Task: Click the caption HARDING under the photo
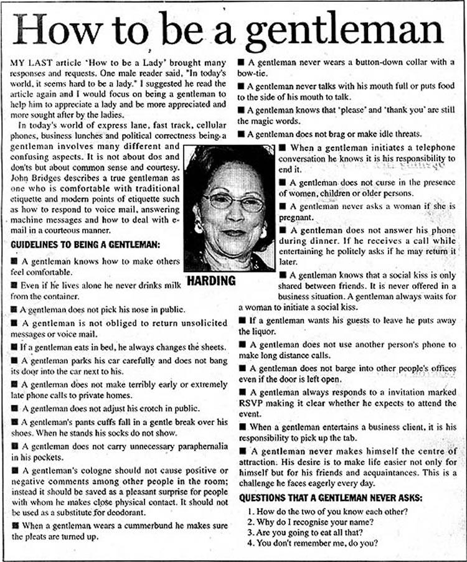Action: click(211, 280)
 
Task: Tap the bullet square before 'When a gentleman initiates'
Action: click(282, 147)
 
